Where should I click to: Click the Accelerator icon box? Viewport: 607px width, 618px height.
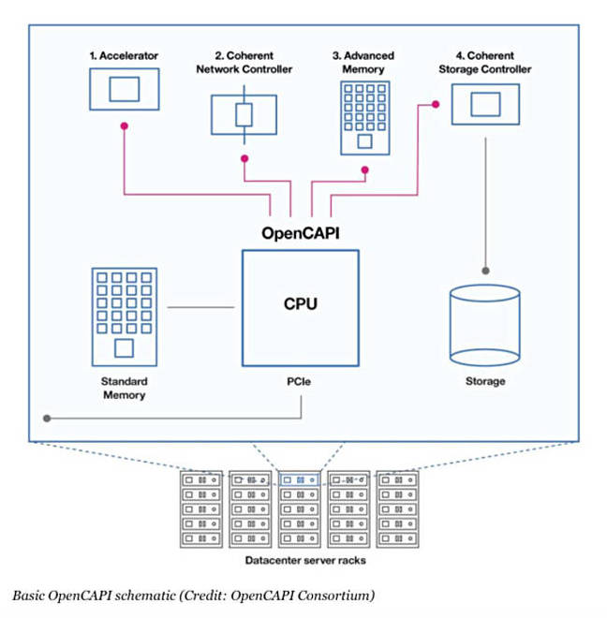tap(123, 90)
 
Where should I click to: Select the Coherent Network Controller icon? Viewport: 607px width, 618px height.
tap(244, 115)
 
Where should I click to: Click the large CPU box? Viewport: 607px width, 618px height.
tap(300, 306)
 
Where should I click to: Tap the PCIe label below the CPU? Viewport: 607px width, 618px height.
tap(301, 381)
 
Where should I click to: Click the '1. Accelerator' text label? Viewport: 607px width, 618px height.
tap(124, 56)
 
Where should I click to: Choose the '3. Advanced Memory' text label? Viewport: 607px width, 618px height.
tap(363, 63)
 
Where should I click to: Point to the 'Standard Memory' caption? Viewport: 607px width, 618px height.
tap(124, 389)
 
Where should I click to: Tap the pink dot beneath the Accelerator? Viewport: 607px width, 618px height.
tap(124, 132)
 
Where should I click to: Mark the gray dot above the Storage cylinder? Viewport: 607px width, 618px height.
tap(485, 269)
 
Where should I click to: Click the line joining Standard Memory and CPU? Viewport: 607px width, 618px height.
tap(204, 306)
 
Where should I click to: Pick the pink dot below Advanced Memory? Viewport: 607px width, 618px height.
tap(364, 170)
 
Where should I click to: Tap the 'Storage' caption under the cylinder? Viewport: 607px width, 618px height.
tap(485, 381)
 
